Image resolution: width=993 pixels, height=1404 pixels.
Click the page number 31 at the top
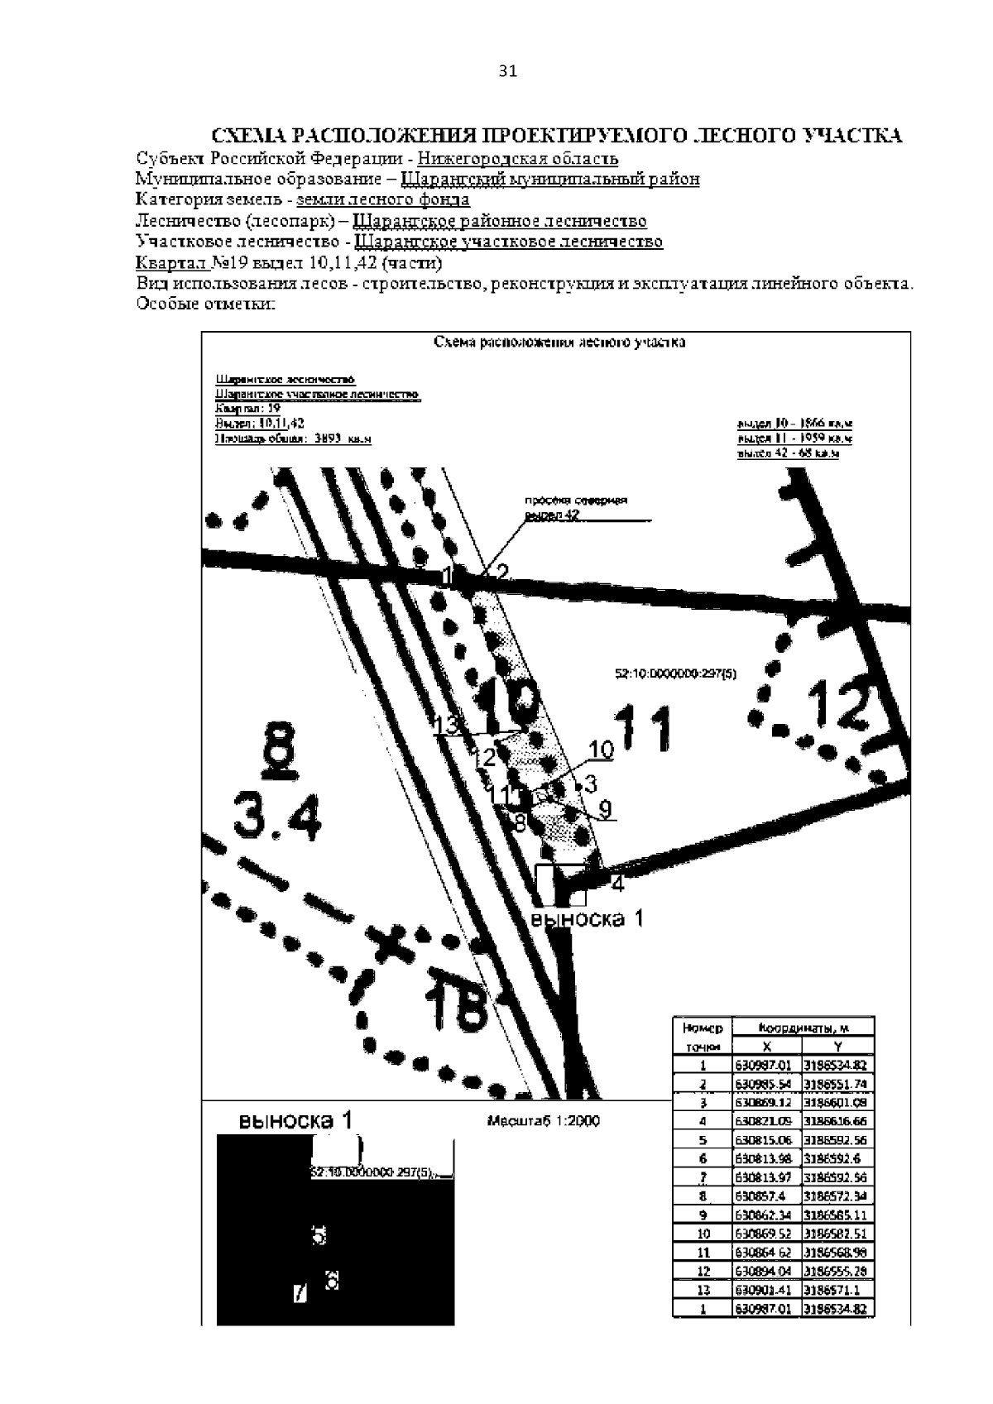(508, 72)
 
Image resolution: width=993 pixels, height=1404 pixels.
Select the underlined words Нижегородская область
(518, 158)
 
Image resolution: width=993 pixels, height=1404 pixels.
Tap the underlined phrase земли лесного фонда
(383, 199)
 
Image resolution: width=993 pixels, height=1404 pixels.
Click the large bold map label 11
(645, 730)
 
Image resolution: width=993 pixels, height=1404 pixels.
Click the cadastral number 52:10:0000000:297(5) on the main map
(676, 674)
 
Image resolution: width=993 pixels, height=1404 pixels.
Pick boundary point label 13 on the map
(446, 725)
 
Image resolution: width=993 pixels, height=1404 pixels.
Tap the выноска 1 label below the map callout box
(587, 918)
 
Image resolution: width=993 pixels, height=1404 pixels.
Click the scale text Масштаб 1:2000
(544, 1122)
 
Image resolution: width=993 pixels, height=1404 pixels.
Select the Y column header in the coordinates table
(838, 1046)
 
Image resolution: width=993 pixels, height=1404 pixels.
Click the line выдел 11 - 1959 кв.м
(794, 438)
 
